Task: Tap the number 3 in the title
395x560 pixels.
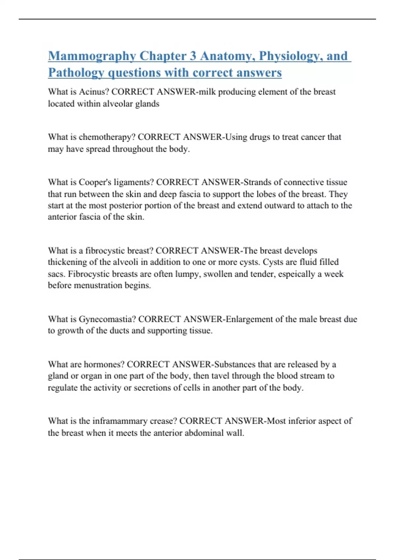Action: (x=193, y=56)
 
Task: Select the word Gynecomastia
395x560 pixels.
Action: (x=107, y=319)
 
